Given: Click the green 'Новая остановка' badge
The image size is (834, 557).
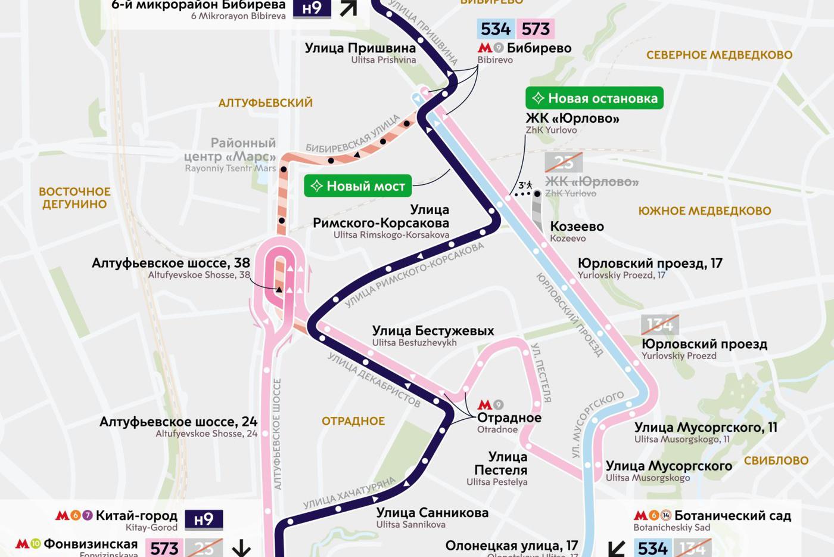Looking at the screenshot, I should [595, 98].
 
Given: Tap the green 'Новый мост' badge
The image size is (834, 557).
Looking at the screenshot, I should [358, 186].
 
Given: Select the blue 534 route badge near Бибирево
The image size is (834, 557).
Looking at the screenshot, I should [496, 29].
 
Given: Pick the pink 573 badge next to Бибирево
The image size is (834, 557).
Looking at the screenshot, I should [536, 29].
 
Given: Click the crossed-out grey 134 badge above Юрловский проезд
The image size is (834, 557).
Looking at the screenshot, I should [659, 324].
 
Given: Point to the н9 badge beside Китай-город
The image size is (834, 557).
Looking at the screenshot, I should [204, 519].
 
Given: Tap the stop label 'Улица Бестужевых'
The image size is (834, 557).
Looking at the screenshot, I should [432, 331].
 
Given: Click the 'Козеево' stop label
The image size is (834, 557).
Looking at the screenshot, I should [577, 227].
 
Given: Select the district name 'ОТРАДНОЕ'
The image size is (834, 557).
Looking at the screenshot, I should [353, 421].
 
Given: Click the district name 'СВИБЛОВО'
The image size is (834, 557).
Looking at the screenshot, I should [776, 460].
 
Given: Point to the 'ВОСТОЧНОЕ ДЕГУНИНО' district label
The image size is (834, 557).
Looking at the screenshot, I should [74, 198].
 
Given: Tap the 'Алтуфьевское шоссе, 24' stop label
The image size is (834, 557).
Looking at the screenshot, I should [178, 422].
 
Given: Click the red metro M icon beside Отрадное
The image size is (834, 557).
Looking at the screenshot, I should [485, 405].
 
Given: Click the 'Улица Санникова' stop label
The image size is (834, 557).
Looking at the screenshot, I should [432, 513].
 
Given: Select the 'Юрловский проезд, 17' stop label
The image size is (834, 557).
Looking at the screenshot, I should [649, 264].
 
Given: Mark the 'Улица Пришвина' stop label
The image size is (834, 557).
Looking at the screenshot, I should [360, 48].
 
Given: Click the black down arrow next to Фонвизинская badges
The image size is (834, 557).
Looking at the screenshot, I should [241, 547].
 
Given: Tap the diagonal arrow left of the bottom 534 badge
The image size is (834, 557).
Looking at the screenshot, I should [616, 547].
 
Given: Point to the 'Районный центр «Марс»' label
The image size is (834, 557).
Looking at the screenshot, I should [230, 150].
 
